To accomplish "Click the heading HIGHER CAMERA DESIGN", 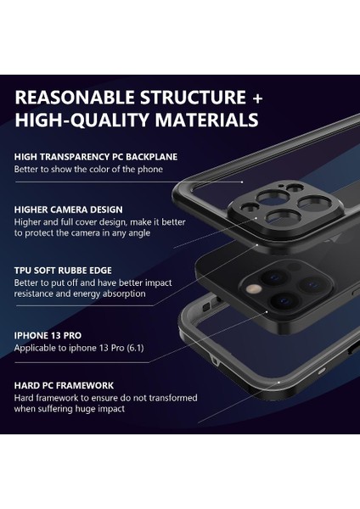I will (x=68, y=210).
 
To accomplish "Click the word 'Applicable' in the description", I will (x=36, y=348).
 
